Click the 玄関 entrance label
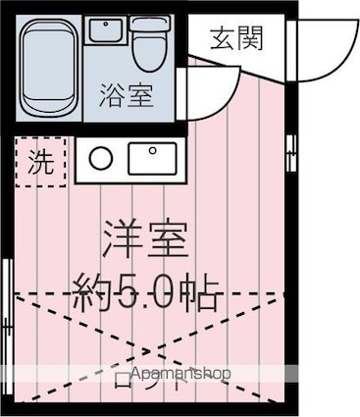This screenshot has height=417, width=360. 236,39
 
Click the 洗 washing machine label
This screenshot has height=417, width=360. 40,163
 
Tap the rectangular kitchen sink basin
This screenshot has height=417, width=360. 151,156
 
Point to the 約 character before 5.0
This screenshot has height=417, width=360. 96,290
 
